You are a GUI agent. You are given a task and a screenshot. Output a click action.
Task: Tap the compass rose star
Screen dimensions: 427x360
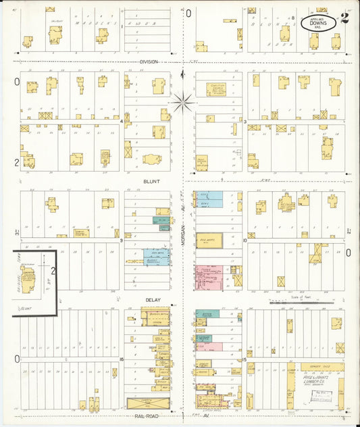(182, 103)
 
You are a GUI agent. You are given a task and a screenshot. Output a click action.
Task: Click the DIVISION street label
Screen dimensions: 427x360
(149, 61)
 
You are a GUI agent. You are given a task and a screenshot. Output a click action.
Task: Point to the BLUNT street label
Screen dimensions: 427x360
(151, 181)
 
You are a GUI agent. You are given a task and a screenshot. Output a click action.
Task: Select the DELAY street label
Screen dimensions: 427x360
(153, 299)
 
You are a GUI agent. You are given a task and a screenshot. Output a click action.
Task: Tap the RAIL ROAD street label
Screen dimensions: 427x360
(147, 418)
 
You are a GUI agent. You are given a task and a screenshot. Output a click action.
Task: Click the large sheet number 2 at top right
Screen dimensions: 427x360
(344, 18)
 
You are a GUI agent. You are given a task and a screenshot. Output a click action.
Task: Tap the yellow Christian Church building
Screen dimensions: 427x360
(216, 90)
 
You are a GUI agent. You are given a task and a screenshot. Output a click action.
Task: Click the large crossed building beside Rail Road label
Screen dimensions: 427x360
(142, 403)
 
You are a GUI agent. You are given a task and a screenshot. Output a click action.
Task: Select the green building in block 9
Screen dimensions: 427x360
(161, 220)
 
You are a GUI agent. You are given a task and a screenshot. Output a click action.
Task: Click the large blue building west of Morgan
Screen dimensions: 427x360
(157, 257)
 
